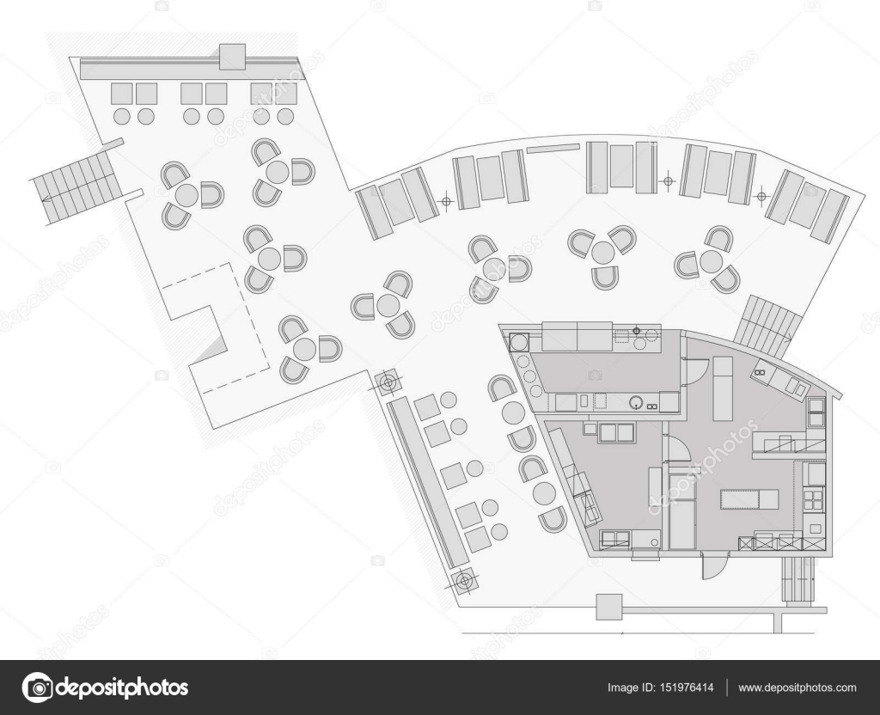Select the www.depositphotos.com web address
797,687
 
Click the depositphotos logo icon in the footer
37,687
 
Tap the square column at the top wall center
232,57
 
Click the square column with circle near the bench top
388,381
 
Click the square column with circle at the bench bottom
465,582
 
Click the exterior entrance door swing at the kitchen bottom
713,565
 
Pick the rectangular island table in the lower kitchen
749,498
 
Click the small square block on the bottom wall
609,607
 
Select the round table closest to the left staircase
186,196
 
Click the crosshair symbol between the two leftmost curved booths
445,201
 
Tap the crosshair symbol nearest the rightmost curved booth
761,196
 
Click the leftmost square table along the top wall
123,93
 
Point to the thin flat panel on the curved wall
553,149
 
